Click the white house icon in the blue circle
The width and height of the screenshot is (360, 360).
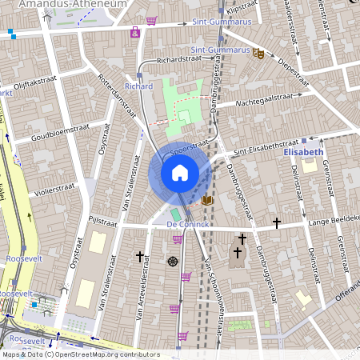[180, 173]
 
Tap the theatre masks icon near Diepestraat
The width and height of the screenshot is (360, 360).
[258, 54]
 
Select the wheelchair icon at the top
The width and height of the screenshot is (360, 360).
[135, 33]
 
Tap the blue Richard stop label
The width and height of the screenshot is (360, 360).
[138, 86]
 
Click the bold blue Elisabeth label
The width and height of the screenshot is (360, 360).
[303, 151]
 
